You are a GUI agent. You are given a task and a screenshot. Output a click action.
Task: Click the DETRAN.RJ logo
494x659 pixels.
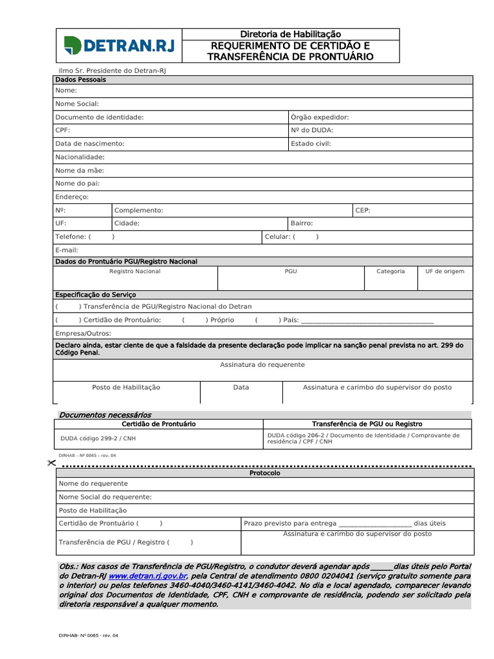tap(119, 46)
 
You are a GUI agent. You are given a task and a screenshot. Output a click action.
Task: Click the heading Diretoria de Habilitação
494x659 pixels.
tap(291, 34)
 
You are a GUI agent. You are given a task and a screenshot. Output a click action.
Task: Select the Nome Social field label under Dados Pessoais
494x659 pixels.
tap(77, 104)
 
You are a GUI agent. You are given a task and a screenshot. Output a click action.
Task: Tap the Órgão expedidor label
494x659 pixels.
tap(320, 117)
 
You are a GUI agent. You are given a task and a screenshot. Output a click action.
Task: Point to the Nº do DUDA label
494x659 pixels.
tap(312, 131)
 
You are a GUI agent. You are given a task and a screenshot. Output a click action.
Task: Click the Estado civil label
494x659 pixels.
tap(311, 144)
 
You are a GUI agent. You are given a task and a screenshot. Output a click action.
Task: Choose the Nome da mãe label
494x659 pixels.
tap(80, 171)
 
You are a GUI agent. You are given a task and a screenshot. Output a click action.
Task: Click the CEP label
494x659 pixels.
tap(363, 210)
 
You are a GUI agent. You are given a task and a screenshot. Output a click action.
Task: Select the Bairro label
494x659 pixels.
tap(302, 223)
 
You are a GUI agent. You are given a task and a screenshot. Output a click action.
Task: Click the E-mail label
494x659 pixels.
tap(67, 250)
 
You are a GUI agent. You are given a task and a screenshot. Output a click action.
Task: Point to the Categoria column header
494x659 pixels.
tap(390, 272)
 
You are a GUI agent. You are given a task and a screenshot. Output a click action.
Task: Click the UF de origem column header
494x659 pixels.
tap(444, 272)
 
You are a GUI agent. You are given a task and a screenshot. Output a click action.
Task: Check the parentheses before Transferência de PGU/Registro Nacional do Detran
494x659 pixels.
tap(68, 307)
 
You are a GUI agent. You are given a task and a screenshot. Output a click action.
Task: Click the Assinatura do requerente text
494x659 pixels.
tap(262, 365)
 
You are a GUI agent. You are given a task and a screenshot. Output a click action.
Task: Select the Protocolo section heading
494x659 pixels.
tap(265, 473)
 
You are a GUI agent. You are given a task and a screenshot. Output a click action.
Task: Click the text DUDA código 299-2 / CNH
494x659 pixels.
tap(98, 438)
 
